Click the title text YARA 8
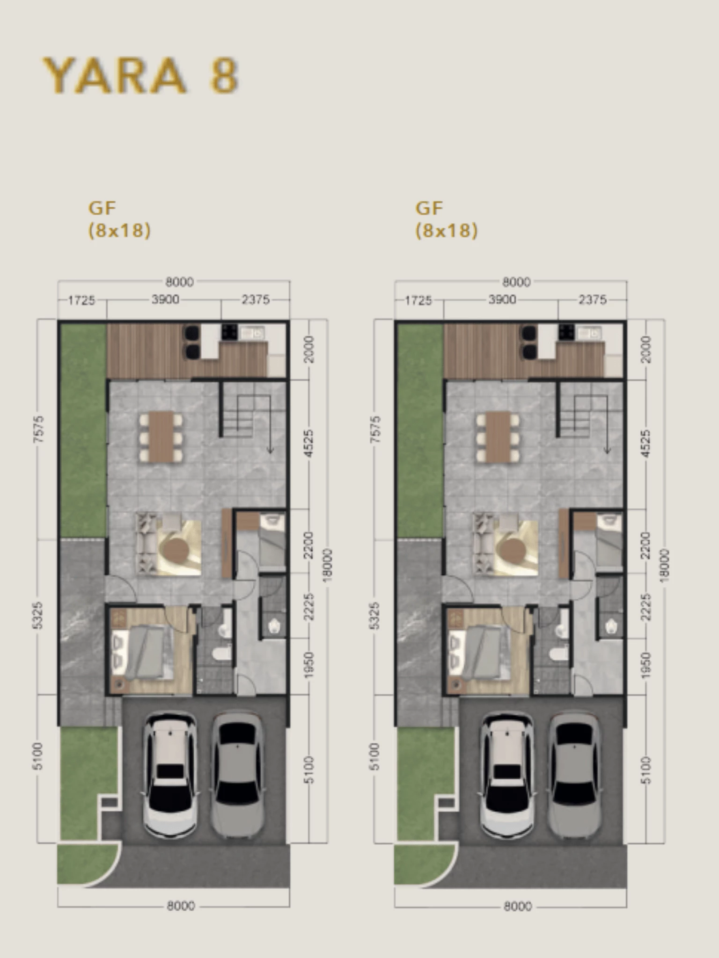140,75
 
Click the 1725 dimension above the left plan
81,300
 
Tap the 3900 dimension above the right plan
502,299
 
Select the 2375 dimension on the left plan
256,299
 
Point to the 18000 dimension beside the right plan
664,566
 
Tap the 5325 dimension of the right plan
375,616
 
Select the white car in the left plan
170,776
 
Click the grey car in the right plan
574,776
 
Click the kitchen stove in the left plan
230,332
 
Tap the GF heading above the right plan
429,208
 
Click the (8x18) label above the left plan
120,231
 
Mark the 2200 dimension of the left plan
308,545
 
